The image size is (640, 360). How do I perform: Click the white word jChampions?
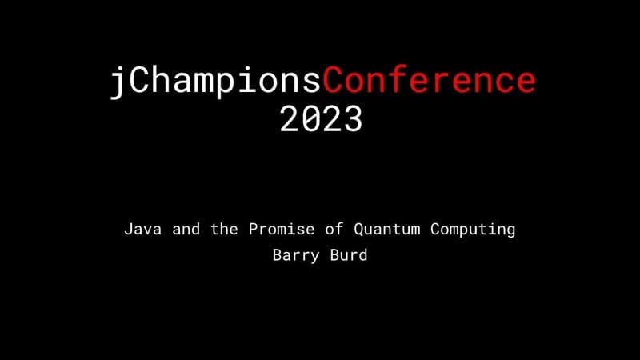[x=215, y=81]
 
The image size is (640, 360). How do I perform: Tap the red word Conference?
[x=429, y=81]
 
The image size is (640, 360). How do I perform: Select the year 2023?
[x=321, y=119]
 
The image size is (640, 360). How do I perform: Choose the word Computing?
[x=473, y=230]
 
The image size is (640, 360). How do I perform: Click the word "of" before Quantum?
[x=334, y=230]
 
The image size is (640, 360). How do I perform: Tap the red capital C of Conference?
[x=334, y=81]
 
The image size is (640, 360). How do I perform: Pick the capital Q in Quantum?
[x=359, y=230]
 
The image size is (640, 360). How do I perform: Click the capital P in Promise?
[x=254, y=230]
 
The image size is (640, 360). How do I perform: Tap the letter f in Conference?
[x=398, y=81]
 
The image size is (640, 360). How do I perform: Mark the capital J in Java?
[x=128, y=230]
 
